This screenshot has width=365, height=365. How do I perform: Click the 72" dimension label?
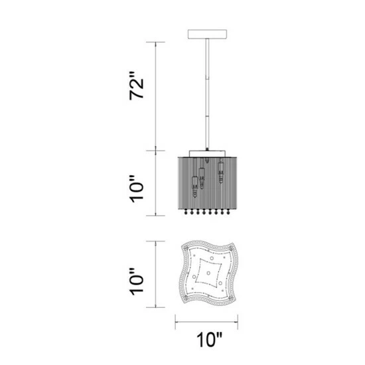coord(137,85)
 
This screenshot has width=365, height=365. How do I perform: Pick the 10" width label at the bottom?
coord(209,341)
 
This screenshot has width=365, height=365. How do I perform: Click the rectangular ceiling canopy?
coord(209,34)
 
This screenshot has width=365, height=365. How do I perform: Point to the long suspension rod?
coord(209,93)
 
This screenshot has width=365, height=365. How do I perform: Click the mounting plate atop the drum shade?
coord(208,152)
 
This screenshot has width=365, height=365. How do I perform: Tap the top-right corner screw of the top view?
coord(231,250)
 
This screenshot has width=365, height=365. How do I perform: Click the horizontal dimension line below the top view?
coord(209,321)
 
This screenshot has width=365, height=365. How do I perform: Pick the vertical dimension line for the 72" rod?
coord(157,96)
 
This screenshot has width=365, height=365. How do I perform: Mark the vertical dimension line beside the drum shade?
coord(157,184)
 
